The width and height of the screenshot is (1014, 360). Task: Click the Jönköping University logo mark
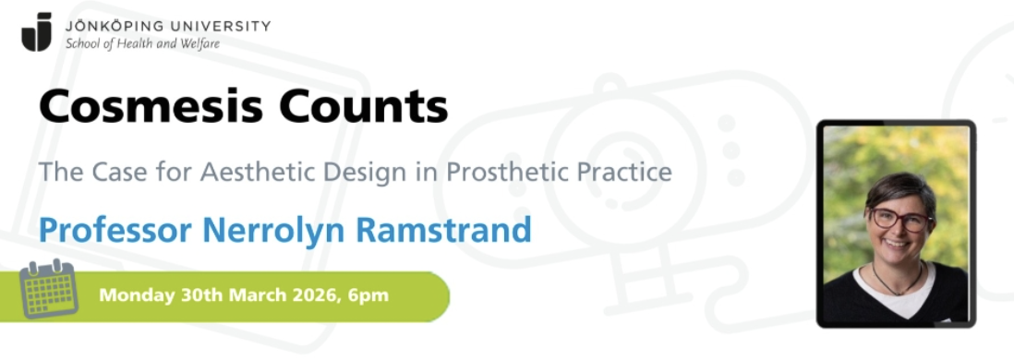37,31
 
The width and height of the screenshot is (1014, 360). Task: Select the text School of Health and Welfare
142,44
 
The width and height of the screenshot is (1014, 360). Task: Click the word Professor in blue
115,230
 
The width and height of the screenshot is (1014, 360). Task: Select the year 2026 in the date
312,295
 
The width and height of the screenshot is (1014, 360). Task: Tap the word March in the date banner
255,295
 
